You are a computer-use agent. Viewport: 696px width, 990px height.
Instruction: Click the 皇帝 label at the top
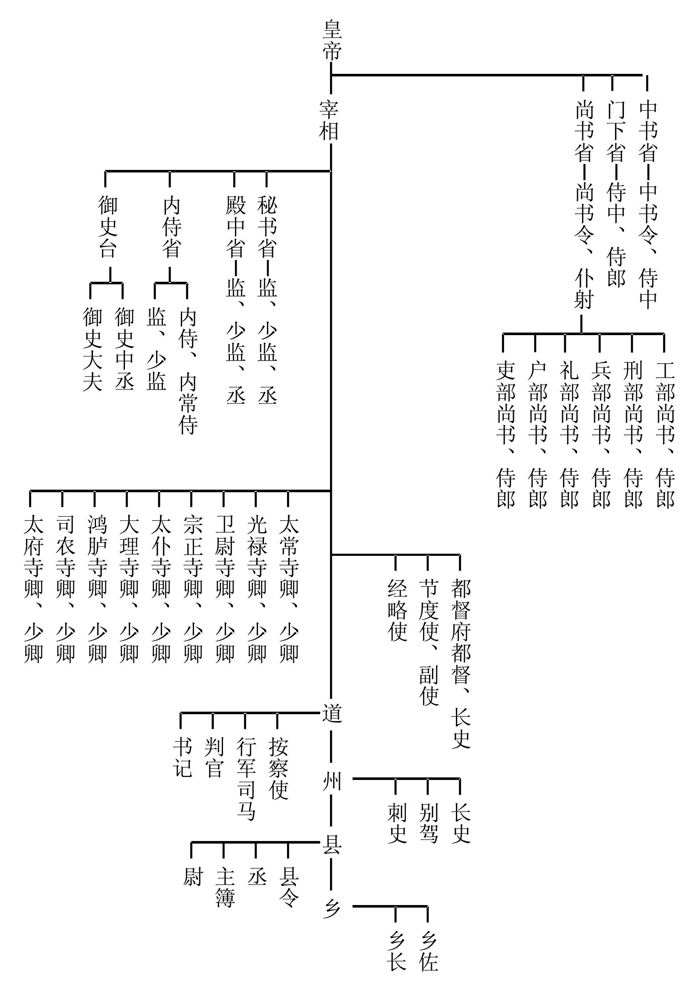332,41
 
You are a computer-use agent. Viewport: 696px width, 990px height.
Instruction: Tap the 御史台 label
107,226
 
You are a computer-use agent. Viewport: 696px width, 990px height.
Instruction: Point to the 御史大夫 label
92,349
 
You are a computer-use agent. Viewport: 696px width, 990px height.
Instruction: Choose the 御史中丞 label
124,349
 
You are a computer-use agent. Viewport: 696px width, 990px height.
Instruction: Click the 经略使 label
397,610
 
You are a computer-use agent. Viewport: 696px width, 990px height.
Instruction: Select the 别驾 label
428,824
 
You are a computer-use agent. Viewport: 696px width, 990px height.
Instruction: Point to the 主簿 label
224,888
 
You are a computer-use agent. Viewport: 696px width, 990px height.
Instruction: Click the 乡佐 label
428,951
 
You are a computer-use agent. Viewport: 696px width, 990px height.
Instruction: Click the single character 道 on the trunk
332,714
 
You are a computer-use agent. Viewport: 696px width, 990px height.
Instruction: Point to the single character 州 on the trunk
332,781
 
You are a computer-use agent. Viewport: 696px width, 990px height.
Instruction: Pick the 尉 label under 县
192,877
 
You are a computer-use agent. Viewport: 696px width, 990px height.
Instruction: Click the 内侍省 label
171,227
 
